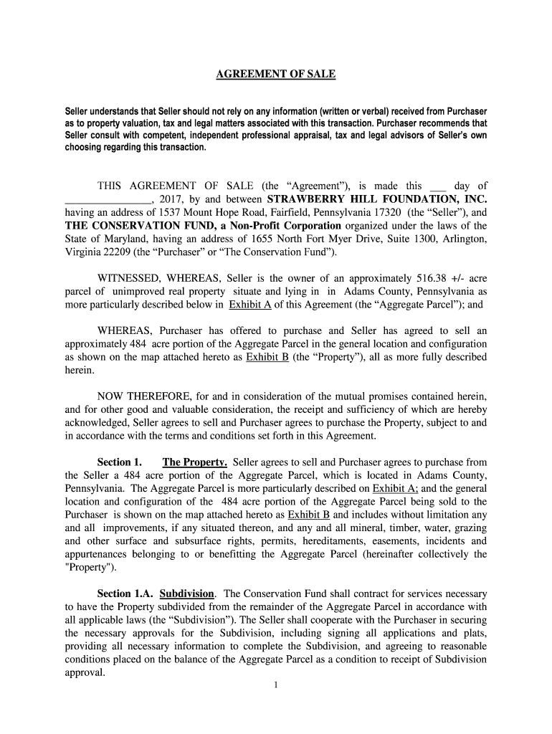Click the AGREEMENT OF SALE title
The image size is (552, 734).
tap(276, 75)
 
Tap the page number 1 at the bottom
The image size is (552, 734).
tap(275, 685)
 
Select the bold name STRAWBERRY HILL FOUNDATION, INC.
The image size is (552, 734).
tap(377, 199)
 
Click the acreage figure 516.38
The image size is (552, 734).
tap(432, 278)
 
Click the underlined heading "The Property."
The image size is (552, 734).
tap(195, 462)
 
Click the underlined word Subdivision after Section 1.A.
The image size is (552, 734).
tap(186, 594)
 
